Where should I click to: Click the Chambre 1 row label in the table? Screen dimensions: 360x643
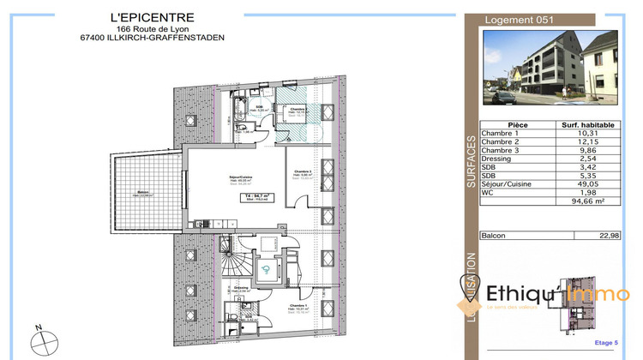pyautogui.click(x=502, y=133)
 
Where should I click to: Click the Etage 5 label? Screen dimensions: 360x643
pyautogui.click(x=605, y=343)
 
